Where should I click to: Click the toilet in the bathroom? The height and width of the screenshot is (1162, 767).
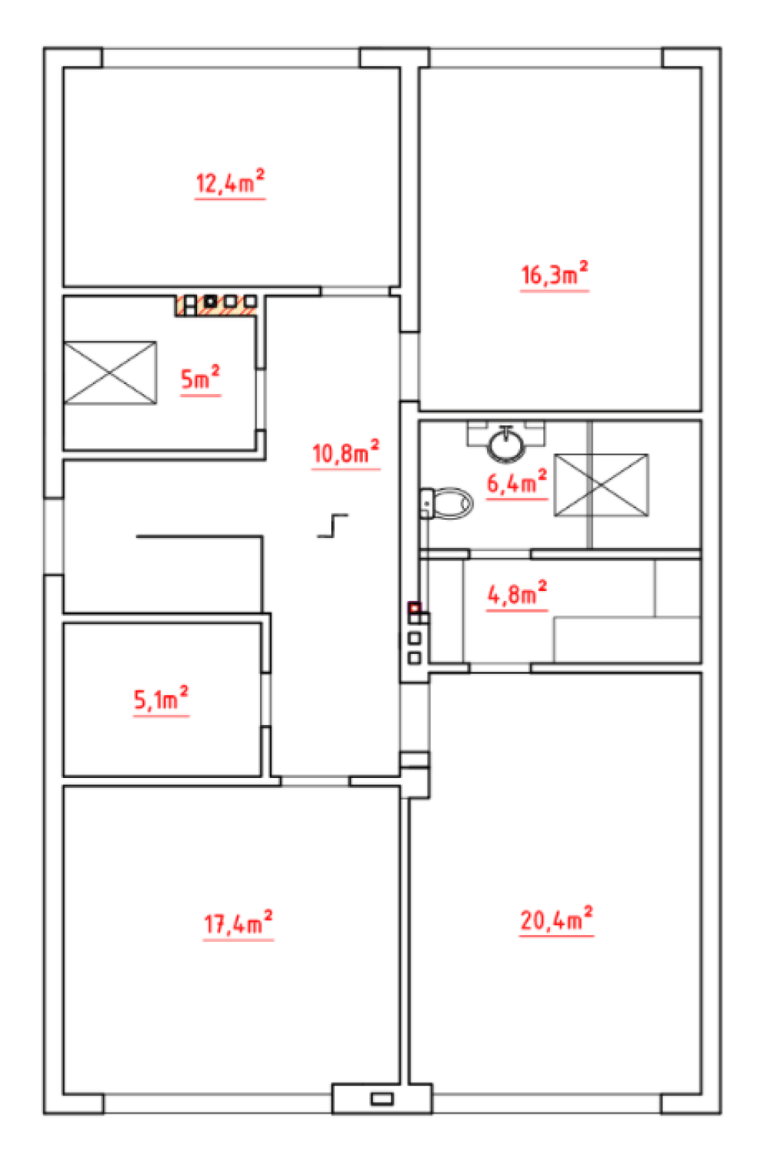click(446, 503)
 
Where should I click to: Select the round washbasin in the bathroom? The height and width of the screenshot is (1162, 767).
click(506, 444)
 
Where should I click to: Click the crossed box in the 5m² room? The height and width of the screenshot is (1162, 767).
click(110, 373)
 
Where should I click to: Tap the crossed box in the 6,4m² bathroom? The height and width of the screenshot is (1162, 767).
click(601, 485)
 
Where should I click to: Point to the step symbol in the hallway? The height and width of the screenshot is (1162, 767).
click(333, 525)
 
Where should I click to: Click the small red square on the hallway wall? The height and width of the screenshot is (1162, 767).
click(414, 608)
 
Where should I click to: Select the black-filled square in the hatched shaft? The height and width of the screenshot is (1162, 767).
click(210, 300)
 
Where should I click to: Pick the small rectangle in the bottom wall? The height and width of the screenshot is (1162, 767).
click(382, 1098)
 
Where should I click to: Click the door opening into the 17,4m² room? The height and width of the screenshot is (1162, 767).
click(315, 781)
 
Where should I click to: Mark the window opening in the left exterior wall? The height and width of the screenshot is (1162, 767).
click(54, 536)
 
